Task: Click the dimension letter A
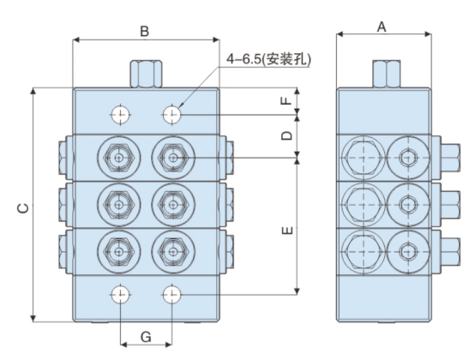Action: click(382, 27)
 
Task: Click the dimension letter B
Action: click(145, 31)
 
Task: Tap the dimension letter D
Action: click(288, 135)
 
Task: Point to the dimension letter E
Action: click(288, 229)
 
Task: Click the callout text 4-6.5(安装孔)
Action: click(269, 59)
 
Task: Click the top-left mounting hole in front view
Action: click(120, 114)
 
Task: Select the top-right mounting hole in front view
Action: click(173, 114)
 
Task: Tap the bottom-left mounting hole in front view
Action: click(120, 296)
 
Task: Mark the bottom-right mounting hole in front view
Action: click(173, 296)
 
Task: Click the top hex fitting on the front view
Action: click(146, 73)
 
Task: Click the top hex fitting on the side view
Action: click(382, 73)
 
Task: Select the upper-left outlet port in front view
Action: click(117, 158)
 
